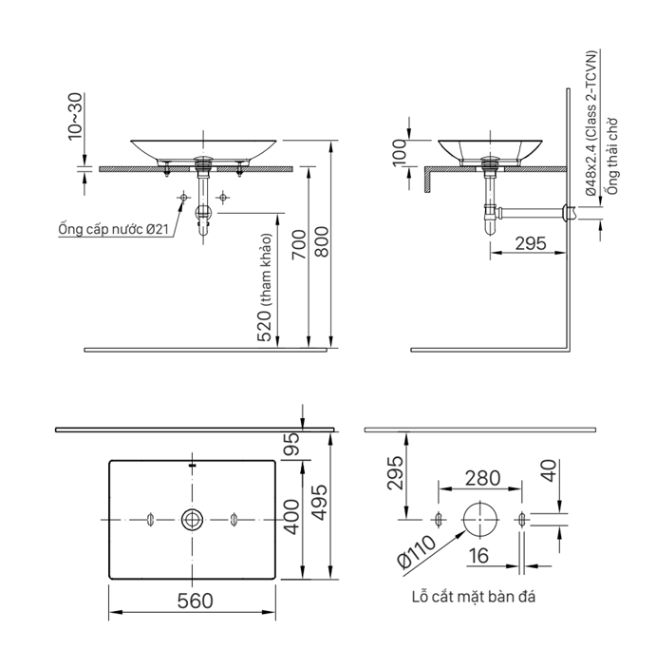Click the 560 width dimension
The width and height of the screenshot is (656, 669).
point(195,601)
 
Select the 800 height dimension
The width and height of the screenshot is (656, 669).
point(322,241)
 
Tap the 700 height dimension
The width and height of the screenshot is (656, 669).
point(299,244)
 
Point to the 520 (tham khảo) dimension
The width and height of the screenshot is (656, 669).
point(264,287)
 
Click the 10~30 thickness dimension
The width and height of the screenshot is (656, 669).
point(75,116)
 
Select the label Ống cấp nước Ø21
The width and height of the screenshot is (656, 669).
point(113,229)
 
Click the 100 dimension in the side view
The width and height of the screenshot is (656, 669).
point(400,152)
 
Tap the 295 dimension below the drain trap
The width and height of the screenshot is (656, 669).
point(531,243)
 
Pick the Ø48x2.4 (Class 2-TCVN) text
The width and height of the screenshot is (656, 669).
point(590,124)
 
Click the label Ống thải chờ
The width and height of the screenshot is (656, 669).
point(612,156)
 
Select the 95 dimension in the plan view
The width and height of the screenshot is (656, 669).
point(292,444)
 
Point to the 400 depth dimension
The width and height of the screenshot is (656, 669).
point(292,517)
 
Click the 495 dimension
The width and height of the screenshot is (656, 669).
point(320,503)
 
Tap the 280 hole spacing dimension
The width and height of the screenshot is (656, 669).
point(482,478)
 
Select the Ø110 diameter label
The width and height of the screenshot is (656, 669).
point(417,551)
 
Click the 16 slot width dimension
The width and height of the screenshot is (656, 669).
point(478,556)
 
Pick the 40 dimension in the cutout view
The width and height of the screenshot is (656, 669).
point(550,471)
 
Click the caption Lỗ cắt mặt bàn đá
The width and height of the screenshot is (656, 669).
point(474,596)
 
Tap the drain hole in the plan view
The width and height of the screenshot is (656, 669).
point(192,519)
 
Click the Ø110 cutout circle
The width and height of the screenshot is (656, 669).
point(480,520)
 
